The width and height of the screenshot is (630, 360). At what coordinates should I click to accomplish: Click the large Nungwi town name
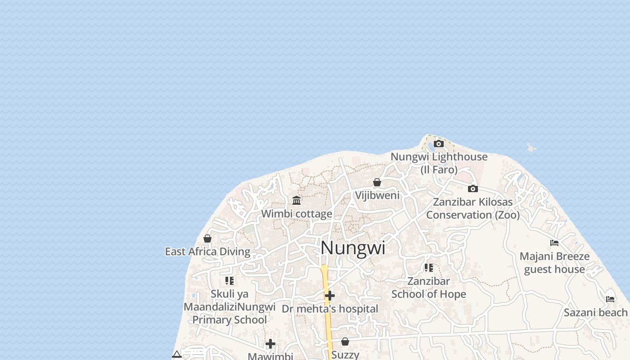[x=353, y=248]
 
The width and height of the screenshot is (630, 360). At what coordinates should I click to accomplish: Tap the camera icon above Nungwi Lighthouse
[x=438, y=144]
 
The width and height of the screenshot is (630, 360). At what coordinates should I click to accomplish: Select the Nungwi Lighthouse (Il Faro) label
[x=439, y=163]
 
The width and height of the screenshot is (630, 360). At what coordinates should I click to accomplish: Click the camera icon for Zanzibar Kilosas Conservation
[x=472, y=189]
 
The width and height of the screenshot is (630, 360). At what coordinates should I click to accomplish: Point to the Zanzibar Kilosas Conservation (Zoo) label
[x=472, y=208]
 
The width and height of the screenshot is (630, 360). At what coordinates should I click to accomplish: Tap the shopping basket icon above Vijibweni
[x=377, y=182]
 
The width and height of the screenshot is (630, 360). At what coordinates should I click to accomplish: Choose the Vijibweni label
[x=377, y=195]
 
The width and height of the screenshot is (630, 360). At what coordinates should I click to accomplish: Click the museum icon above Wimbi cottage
[x=297, y=200]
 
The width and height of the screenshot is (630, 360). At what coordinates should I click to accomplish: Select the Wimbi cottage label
[x=297, y=214]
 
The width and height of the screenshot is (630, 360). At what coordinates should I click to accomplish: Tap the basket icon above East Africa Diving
[x=207, y=238]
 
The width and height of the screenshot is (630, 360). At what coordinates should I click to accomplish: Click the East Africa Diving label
[x=207, y=252]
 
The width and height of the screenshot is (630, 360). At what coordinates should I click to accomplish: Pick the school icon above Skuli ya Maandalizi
[x=229, y=281]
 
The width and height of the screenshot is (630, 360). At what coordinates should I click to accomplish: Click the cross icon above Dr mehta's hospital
[x=330, y=296]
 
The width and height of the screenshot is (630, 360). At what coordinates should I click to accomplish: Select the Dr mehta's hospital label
[x=330, y=309]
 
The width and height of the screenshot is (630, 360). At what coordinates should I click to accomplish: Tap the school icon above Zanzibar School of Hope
[x=429, y=268]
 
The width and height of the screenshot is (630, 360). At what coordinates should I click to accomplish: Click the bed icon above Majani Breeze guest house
[x=554, y=243]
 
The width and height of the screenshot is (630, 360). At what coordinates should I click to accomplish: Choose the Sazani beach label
[x=595, y=312]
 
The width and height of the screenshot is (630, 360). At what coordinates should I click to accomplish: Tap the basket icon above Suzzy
[x=345, y=342]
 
